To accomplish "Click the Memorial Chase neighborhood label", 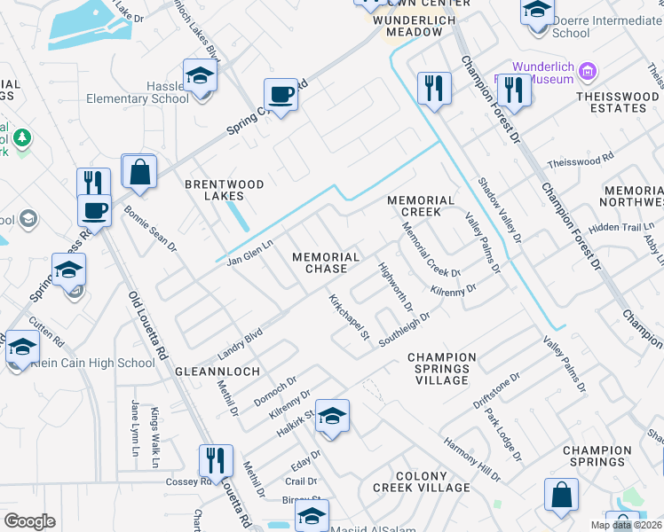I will (x=327, y=262).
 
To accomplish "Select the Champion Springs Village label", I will (x=442, y=369).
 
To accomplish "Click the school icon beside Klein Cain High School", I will (x=21, y=347).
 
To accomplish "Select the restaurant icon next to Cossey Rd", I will (x=216, y=460).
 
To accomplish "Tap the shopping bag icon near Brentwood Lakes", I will (x=139, y=171).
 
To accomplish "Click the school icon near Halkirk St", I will (x=331, y=416).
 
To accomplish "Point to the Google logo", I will (x=29, y=521).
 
